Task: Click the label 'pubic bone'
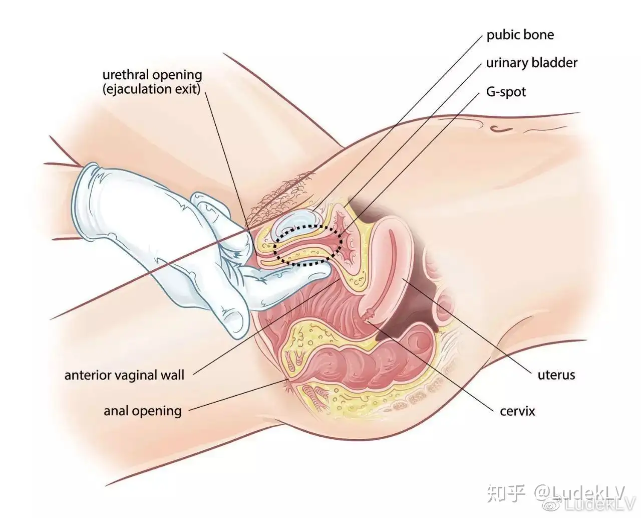[520, 35]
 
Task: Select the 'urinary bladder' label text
[531, 63]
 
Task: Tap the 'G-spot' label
[506, 92]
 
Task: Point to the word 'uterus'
[556, 375]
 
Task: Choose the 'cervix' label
[517, 411]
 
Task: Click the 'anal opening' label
[143, 411]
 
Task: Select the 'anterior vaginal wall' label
[124, 375]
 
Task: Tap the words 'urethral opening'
[152, 75]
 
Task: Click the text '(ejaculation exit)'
[152, 89]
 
